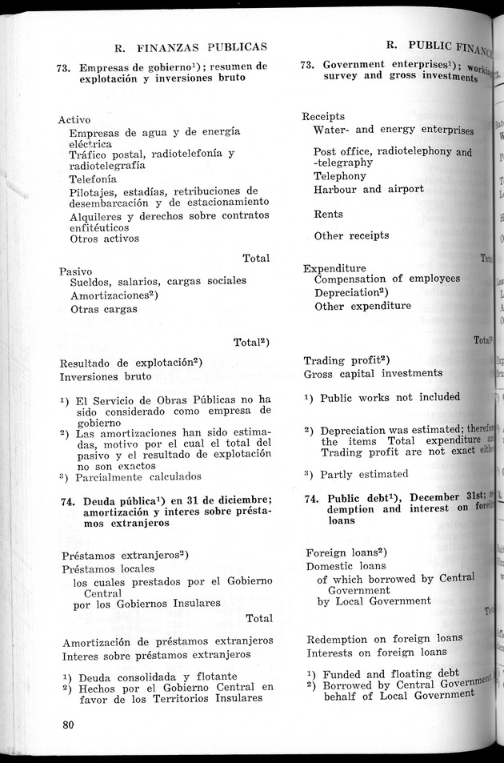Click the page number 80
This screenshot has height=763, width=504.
67,725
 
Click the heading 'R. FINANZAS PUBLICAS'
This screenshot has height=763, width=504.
190,47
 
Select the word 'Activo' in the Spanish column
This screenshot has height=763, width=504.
74,119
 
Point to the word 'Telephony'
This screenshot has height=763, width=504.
340,176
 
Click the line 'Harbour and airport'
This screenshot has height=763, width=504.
369,190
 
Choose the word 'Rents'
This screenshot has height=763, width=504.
329,215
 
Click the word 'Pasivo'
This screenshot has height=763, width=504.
76,271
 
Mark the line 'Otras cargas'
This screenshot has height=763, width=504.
104,309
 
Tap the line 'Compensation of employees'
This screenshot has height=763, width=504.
387,279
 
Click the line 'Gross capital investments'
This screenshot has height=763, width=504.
373,373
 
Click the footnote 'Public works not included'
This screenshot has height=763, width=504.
390,397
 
